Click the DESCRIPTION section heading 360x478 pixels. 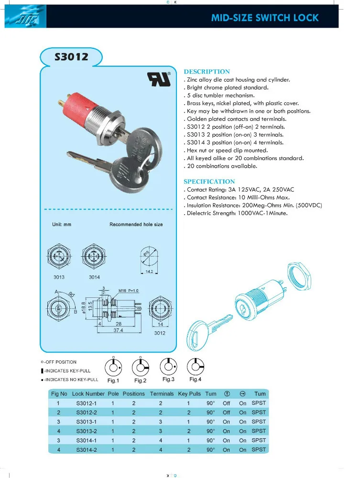click(207, 72)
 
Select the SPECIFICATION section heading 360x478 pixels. click(209, 182)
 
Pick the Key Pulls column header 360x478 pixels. click(189, 394)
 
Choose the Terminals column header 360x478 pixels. click(162, 394)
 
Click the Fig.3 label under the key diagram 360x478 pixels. click(168, 379)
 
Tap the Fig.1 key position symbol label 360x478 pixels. click(113, 380)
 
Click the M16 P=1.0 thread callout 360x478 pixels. click(129, 290)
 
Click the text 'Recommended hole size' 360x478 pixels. click(136, 224)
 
